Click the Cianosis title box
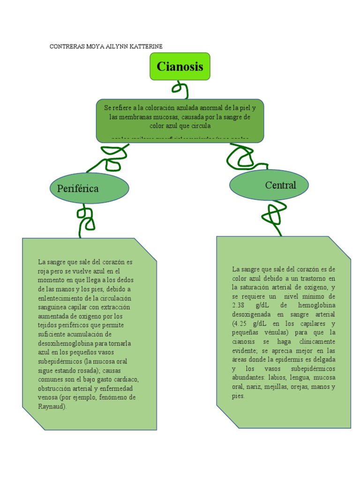click(180, 66)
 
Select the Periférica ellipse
click(89, 188)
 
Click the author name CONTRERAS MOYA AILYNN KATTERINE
click(106, 46)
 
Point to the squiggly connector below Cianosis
click(180, 89)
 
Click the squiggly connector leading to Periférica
click(109, 157)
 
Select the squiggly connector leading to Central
click(241, 156)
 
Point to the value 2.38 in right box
click(240, 305)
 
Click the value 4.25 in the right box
click(245, 323)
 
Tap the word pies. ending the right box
click(238, 396)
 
